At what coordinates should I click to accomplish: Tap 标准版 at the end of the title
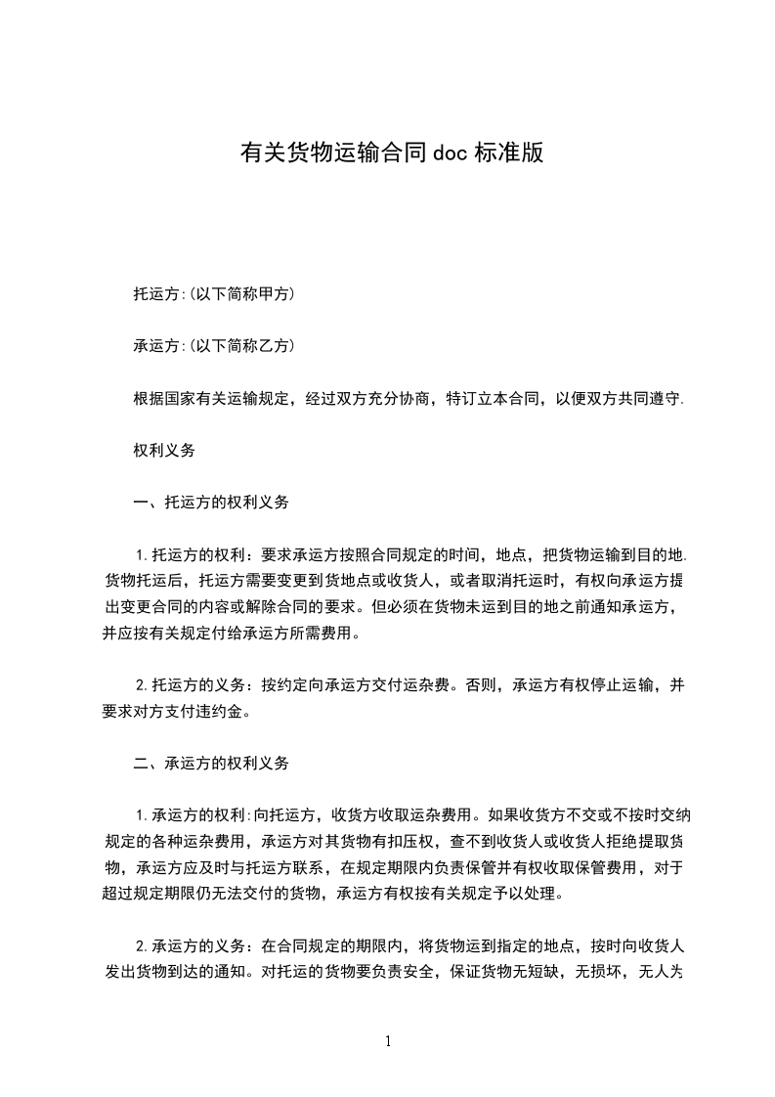click(x=508, y=153)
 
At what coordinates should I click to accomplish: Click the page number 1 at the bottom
click(x=388, y=1041)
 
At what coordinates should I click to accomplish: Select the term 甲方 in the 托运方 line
click(x=272, y=293)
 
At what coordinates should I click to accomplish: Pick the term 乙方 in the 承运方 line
click(x=272, y=346)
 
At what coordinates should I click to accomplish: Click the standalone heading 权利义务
click(x=164, y=451)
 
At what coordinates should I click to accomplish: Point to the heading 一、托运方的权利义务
click(x=211, y=504)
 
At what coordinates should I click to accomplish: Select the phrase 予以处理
click(x=533, y=894)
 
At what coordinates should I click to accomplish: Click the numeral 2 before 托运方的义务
click(x=141, y=686)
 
